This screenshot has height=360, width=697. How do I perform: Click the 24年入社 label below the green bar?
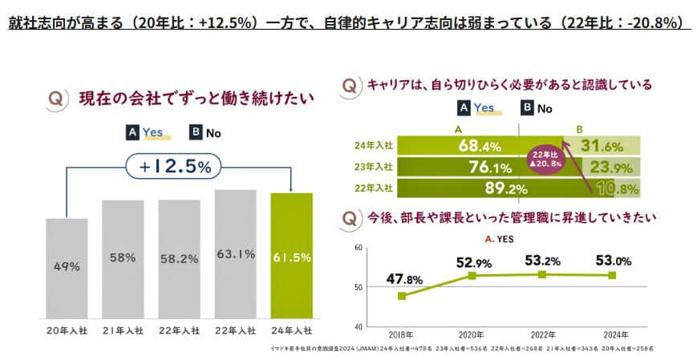(291, 330)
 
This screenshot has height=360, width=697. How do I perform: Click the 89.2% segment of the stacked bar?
(481, 188)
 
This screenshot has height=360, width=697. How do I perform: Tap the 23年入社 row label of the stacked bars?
(373, 167)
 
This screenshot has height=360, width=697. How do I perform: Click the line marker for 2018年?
(402, 295)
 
